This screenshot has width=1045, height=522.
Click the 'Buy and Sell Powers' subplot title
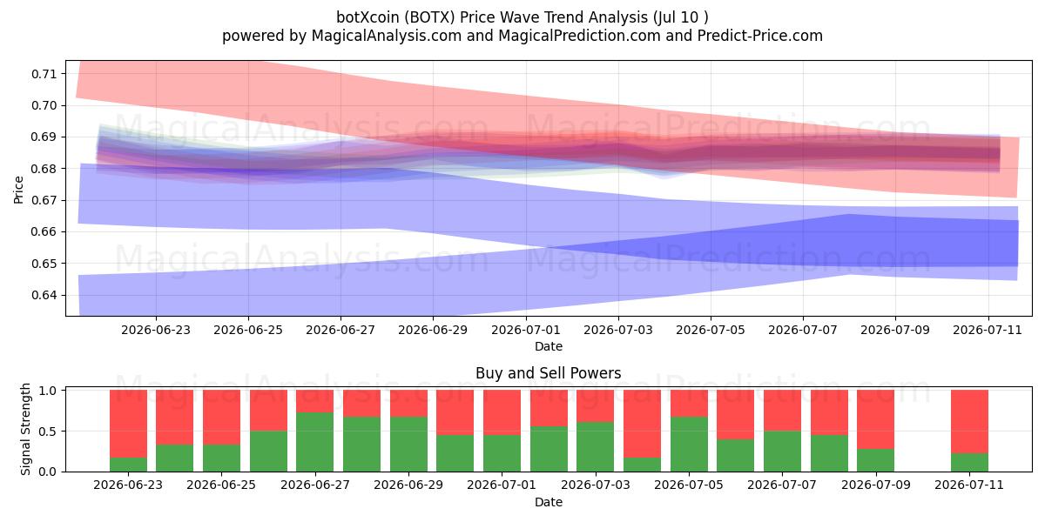click(548, 373)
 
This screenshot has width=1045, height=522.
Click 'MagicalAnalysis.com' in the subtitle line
click(387, 36)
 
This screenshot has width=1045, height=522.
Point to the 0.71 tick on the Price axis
click(44, 74)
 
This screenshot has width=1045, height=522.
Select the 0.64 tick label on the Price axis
click(44, 295)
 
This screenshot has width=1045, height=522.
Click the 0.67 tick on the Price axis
click(44, 200)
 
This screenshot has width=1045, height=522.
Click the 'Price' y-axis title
click(18, 190)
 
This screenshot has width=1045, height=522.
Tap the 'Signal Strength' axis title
click(25, 429)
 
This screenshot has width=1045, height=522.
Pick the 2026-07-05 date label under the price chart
click(711, 330)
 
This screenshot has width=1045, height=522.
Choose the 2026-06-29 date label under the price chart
click(433, 330)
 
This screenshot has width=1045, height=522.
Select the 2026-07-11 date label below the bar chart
click(969, 485)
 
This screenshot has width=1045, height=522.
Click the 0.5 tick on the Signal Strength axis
click(48, 432)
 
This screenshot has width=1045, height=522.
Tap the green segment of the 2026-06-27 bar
click(315, 442)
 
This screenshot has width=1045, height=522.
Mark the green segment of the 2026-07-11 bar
click(969, 462)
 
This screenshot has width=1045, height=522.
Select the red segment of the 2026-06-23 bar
click(128, 424)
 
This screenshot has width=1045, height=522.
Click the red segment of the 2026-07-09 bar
click(876, 419)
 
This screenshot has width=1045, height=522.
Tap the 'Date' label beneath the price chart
click(548, 346)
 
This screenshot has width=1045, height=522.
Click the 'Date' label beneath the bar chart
click(548, 502)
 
